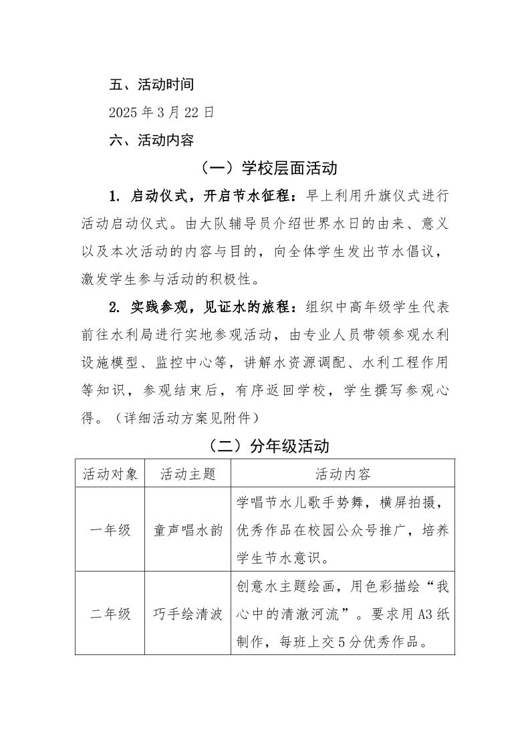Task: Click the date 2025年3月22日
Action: click(x=162, y=112)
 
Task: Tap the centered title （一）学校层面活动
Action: click(x=265, y=168)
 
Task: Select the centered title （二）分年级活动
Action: click(x=265, y=446)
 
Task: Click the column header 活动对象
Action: click(x=110, y=474)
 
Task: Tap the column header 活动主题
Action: click(x=188, y=474)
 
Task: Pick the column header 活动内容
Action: click(x=343, y=474)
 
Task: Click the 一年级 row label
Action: click(x=110, y=530)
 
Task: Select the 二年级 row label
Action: click(x=110, y=614)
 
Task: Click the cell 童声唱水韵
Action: click(x=188, y=530)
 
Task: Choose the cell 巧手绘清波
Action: click(x=188, y=614)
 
